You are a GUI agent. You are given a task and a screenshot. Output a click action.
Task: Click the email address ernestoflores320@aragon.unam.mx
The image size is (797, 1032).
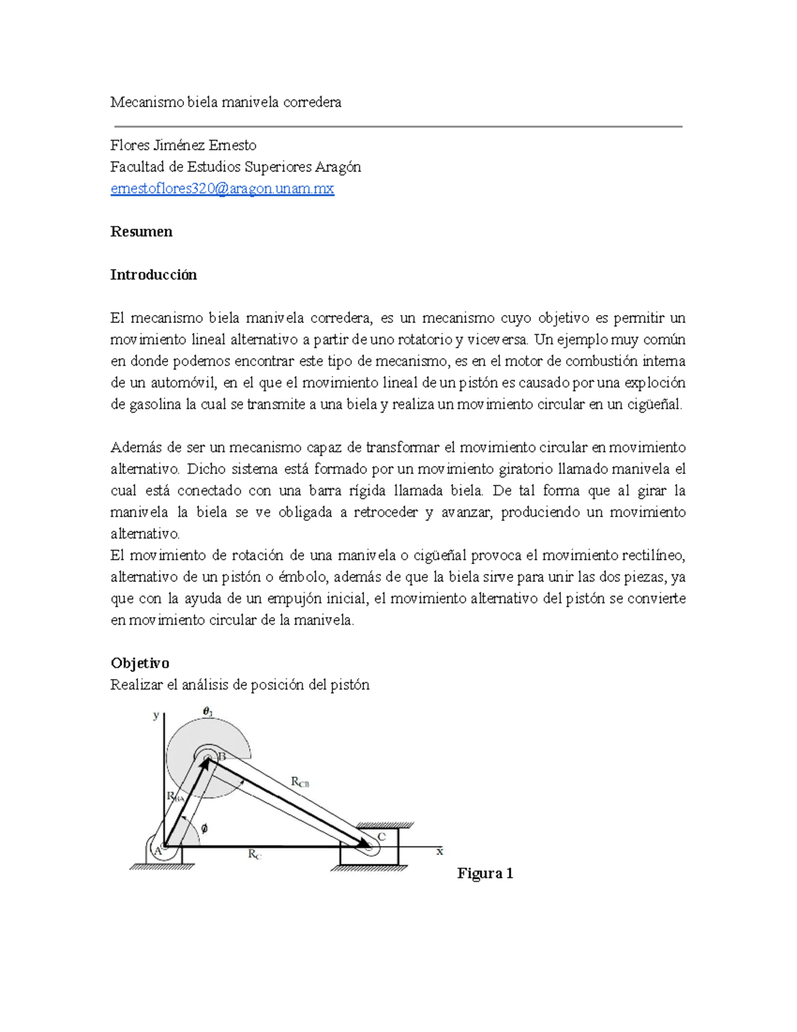tap(222, 189)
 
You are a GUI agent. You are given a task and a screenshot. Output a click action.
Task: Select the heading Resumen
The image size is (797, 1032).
tap(141, 232)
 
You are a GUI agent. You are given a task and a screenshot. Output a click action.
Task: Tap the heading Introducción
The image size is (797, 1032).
tap(153, 275)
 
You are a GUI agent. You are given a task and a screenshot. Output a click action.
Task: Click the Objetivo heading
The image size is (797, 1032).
tap(139, 663)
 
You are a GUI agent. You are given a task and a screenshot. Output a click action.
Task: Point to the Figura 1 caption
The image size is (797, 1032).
tap(485, 873)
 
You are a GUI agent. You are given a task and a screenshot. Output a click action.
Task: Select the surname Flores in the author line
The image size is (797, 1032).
tap(130, 146)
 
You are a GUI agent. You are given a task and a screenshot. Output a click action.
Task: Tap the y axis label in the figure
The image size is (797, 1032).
tap(156, 716)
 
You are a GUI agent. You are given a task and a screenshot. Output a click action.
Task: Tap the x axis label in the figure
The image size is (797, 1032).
tap(439, 851)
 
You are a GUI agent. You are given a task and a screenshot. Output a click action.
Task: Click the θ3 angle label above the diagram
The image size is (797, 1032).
tap(207, 712)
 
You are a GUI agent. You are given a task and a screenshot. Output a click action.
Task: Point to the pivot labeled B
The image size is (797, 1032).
tap(222, 756)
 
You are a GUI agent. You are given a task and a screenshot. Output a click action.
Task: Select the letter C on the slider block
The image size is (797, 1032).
tap(381, 837)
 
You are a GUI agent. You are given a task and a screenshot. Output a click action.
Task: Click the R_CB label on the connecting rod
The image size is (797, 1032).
tap(300, 782)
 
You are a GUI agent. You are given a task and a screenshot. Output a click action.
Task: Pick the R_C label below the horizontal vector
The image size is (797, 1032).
tap(254, 855)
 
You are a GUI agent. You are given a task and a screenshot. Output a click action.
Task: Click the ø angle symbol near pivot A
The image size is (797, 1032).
tap(204, 828)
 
